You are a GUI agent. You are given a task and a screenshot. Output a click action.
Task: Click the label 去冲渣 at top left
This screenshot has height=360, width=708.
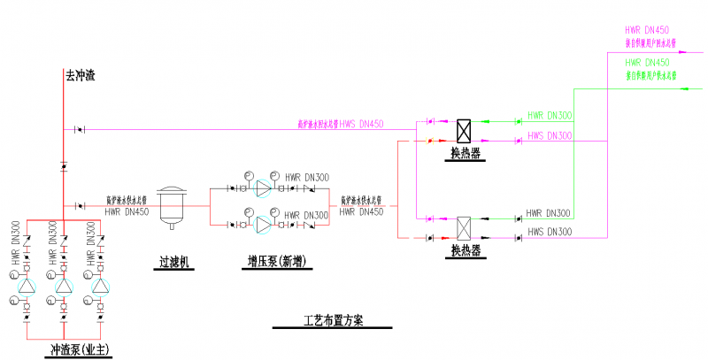point(80,76)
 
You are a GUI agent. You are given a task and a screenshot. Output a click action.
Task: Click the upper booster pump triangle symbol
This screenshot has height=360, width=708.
point(262,188)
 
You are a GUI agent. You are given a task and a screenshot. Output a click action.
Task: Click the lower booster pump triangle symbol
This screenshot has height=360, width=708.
point(262,226)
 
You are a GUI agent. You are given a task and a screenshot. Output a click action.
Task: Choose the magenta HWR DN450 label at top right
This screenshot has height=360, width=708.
point(647,30)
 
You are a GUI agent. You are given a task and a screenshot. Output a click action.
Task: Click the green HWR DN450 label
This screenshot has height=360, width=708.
point(647,63)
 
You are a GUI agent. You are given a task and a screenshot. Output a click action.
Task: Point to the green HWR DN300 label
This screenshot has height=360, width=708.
point(550,115)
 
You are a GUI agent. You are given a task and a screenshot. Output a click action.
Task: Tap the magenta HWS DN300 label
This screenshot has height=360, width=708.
point(550,135)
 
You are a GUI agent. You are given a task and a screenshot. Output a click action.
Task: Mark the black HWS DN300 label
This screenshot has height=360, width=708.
point(550,232)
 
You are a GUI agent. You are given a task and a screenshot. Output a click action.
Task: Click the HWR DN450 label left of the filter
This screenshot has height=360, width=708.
point(125,211)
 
